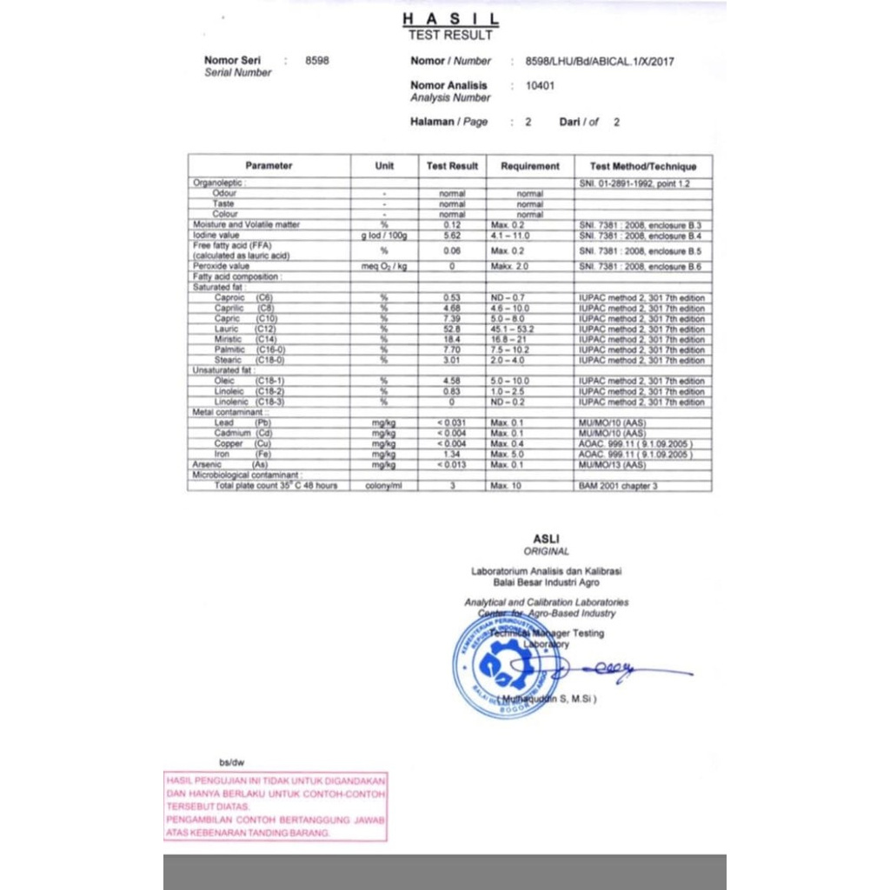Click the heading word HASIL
(x=450, y=19)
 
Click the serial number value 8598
(x=318, y=61)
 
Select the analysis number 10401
(x=540, y=86)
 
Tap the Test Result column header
(x=452, y=166)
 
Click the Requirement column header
(x=530, y=166)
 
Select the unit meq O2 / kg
(x=384, y=267)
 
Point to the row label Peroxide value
(x=222, y=267)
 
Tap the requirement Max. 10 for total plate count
(x=506, y=486)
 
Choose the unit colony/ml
(x=384, y=486)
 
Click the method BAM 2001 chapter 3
(x=618, y=486)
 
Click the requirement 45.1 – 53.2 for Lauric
(x=513, y=329)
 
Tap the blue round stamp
(x=495, y=668)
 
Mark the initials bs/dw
(x=232, y=762)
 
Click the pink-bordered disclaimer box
(x=276, y=807)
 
